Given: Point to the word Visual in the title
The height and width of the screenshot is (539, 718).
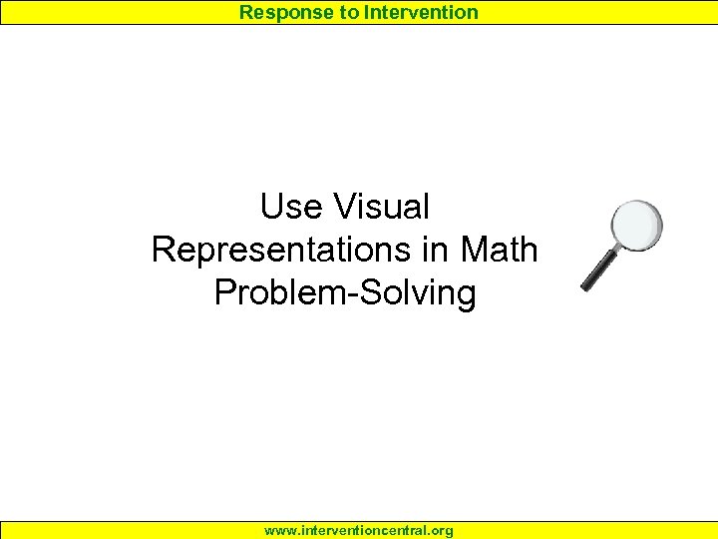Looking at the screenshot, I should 383,208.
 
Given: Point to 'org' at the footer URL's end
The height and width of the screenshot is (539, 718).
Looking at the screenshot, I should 440,531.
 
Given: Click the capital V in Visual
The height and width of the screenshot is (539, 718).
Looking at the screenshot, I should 348,208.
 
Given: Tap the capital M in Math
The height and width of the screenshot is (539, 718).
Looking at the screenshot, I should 485,250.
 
